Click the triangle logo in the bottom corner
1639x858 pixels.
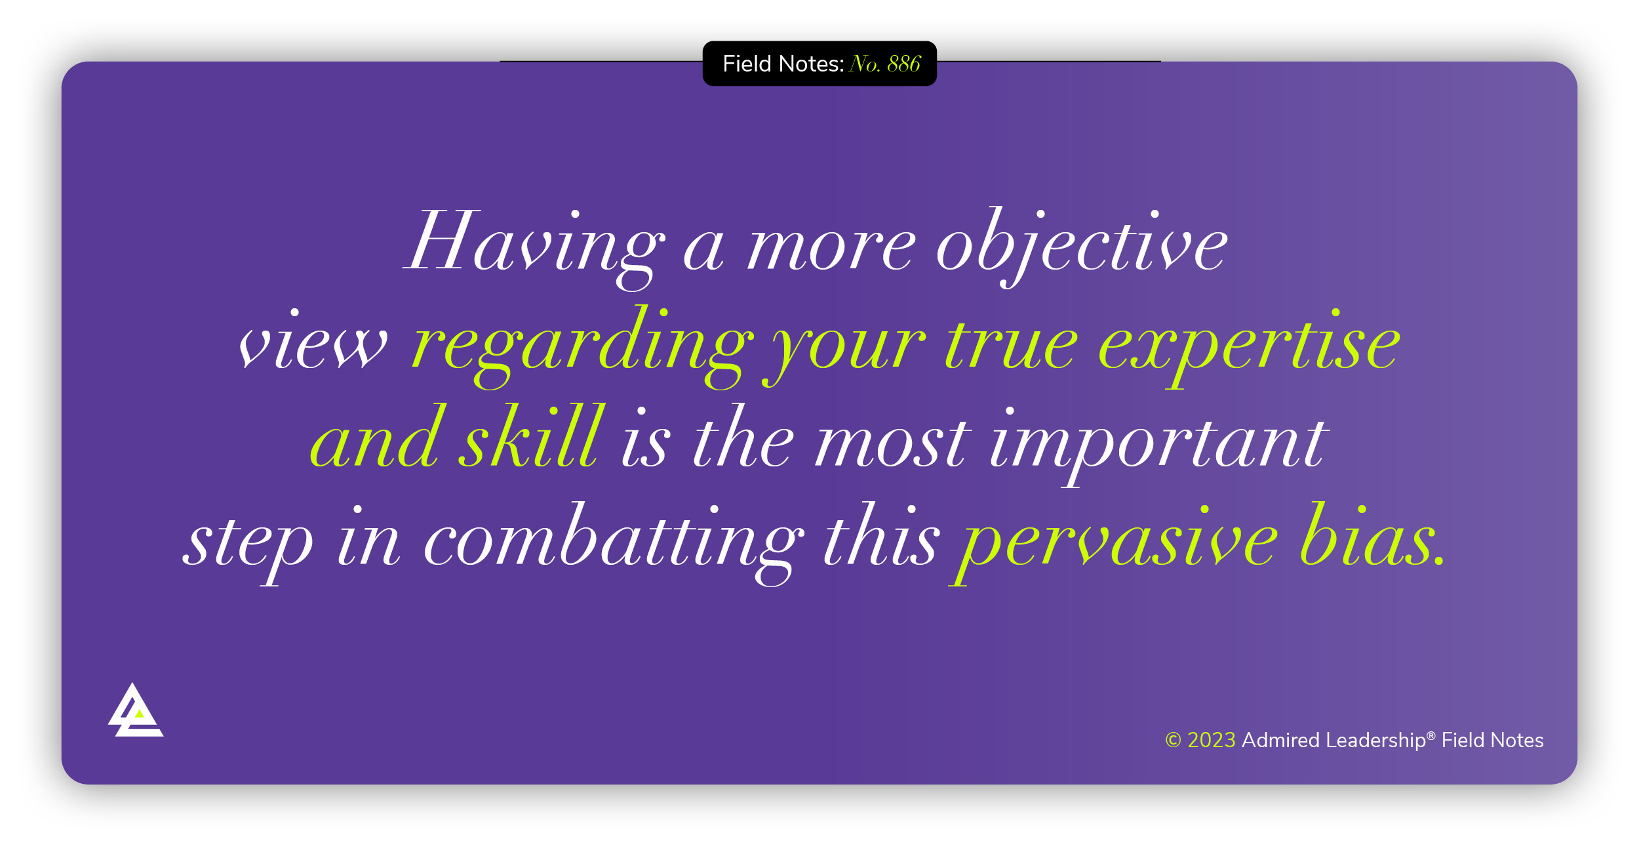point(135,712)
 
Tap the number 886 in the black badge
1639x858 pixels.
point(904,64)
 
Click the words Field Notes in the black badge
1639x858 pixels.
point(783,64)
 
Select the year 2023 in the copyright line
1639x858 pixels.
point(1212,741)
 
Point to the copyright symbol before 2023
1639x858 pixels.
point(1173,741)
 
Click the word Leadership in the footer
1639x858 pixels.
point(1375,741)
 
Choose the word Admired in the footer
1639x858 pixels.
point(1280,741)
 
